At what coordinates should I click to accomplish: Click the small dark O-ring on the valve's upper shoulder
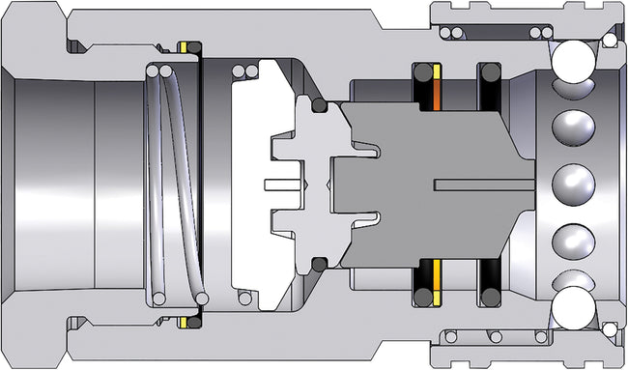pyautogui.click(x=318, y=104)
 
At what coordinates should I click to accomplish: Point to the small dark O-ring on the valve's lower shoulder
pyautogui.click(x=318, y=263)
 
